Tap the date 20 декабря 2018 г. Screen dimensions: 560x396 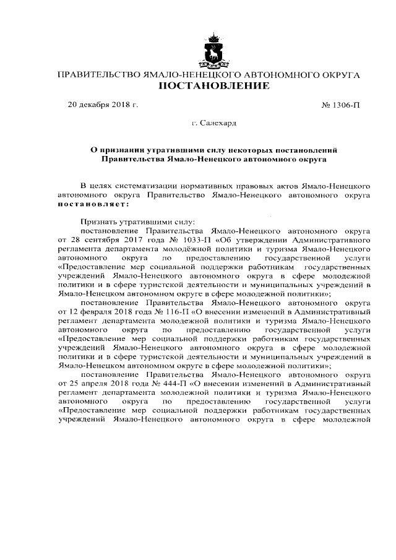click(x=103, y=104)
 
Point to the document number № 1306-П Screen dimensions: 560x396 click(x=341, y=104)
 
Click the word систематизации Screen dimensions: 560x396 click(x=145, y=185)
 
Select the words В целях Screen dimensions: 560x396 click(x=96, y=185)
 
